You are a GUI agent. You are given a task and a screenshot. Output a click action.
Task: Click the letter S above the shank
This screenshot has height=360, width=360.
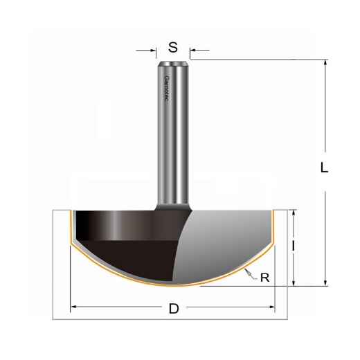point(173,48)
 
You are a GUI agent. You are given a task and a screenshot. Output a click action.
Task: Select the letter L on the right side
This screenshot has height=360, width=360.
point(324,168)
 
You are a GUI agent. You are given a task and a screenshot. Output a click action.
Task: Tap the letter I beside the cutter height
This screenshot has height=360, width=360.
point(295,246)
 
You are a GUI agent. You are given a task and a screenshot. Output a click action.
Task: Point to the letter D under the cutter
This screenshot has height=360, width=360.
point(173,309)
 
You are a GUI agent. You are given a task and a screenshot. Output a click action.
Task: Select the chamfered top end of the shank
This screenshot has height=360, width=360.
point(173,66)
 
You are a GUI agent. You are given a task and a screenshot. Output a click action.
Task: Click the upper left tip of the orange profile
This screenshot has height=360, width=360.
point(69,211)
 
